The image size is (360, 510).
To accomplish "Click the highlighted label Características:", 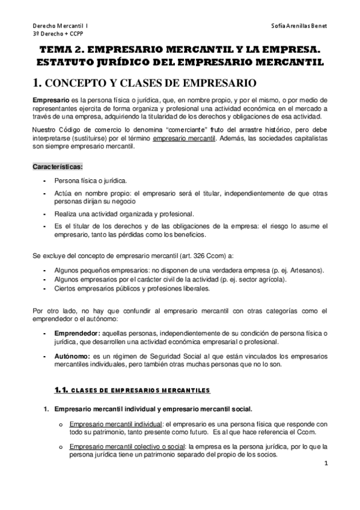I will tap(58, 165).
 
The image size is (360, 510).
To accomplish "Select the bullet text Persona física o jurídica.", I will tap(91, 180).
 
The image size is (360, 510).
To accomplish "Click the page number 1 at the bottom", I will tap(325, 464).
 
